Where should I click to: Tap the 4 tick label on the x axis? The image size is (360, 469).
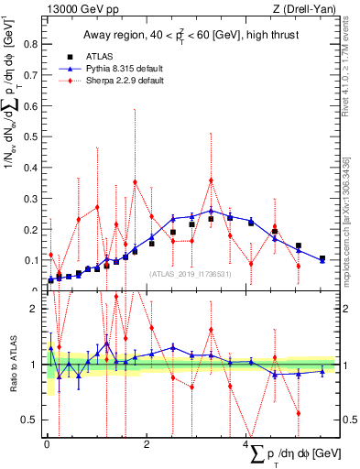point(245,444)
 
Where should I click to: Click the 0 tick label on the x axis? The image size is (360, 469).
point(47,444)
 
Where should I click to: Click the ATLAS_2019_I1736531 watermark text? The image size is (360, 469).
point(189,273)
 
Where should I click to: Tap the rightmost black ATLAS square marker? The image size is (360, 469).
point(322,258)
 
